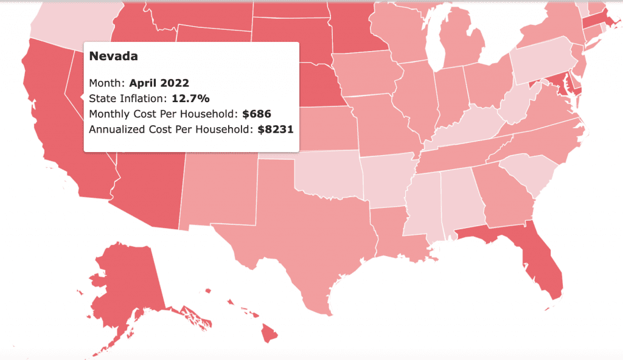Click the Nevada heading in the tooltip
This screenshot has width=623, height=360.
(113, 56)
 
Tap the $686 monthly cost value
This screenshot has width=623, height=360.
(256, 113)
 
